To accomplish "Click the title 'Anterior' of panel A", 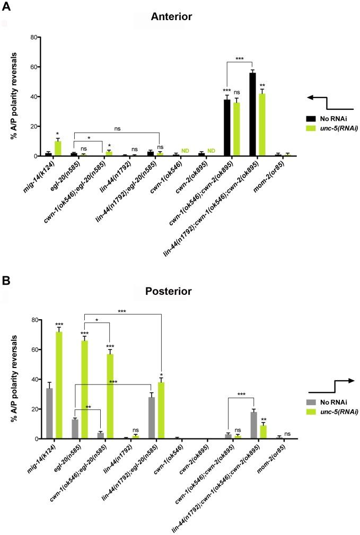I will point(171,17).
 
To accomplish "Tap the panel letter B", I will point(7,280).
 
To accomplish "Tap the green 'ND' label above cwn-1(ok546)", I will point(186,151).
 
